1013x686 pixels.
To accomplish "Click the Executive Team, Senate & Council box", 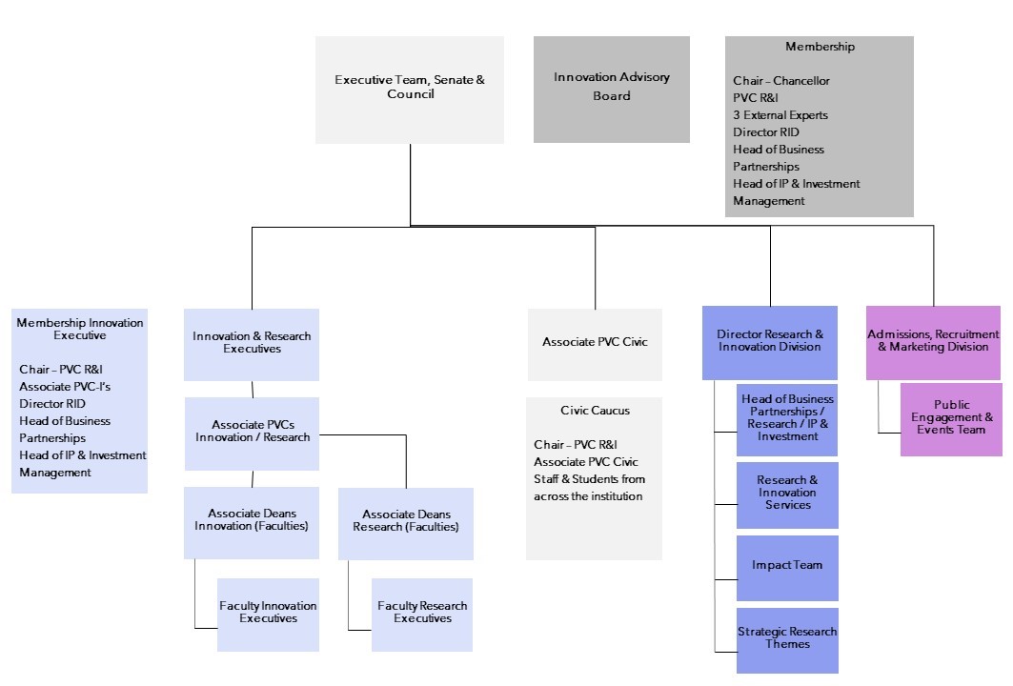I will click(410, 89).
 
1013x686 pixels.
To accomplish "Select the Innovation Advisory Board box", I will click(611, 89).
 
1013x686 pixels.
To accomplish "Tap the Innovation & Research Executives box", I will click(252, 343).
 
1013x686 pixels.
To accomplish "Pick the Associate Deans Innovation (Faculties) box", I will click(252, 520).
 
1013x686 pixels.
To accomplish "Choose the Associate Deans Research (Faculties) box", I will click(405, 521).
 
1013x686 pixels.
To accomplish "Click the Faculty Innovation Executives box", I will click(268, 613).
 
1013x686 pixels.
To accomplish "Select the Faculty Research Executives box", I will click(422, 613).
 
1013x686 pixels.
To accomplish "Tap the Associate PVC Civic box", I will click(595, 342).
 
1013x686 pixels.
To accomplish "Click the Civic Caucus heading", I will click(595, 411).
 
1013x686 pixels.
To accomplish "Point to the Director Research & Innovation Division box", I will click(770, 341).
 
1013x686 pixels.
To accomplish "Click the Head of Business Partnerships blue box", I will click(787, 418).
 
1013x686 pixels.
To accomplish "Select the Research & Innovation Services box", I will click(787, 494).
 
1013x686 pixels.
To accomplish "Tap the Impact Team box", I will click(787, 566).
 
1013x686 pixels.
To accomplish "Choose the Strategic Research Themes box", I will click(787, 638).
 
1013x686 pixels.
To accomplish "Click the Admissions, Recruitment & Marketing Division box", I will click(933, 341).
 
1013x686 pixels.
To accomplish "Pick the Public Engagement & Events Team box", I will click(951, 417).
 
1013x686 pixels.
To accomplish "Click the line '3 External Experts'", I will click(780, 115).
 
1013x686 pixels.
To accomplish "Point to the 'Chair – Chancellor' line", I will click(780, 81).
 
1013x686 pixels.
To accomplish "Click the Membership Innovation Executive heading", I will click(80, 329).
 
